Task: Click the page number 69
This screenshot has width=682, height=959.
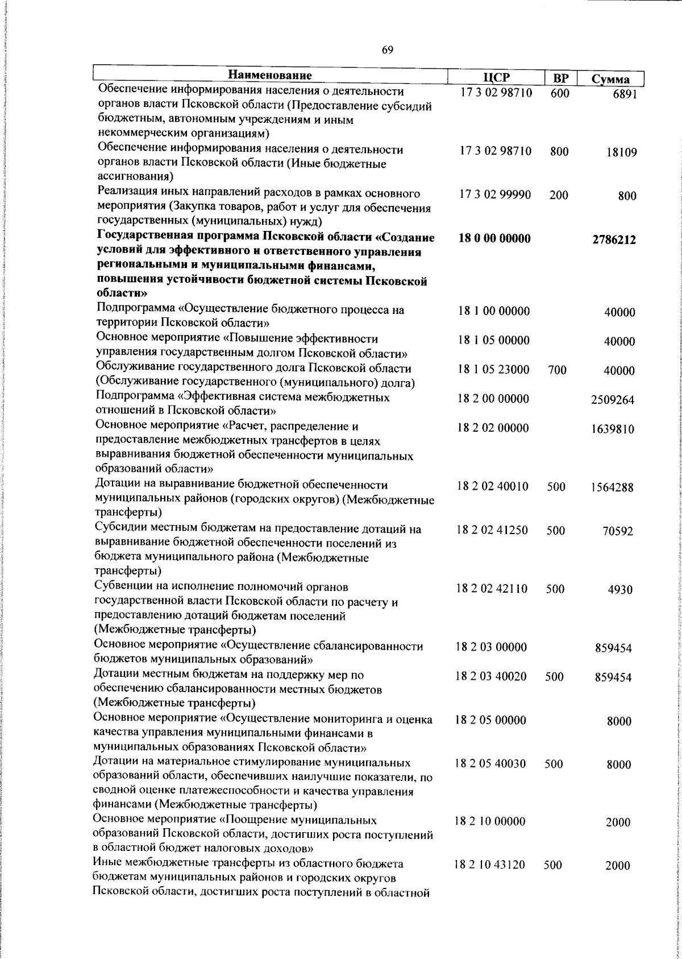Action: pos(388,49)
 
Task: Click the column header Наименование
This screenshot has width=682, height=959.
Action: pos(271,76)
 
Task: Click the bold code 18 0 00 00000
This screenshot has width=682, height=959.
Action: pos(494,239)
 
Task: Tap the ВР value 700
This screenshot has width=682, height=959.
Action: pos(558,370)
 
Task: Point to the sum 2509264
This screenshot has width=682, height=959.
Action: pos(613,400)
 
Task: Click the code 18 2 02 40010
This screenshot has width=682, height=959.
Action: pos(493,486)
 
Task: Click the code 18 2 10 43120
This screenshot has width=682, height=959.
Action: pos(490,865)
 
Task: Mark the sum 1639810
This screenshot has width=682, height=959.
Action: pos(613,429)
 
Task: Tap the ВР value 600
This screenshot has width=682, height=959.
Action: pos(560,93)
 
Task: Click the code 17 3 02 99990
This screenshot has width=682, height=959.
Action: pos(495,195)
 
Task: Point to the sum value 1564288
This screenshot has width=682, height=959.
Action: pos(612,487)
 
